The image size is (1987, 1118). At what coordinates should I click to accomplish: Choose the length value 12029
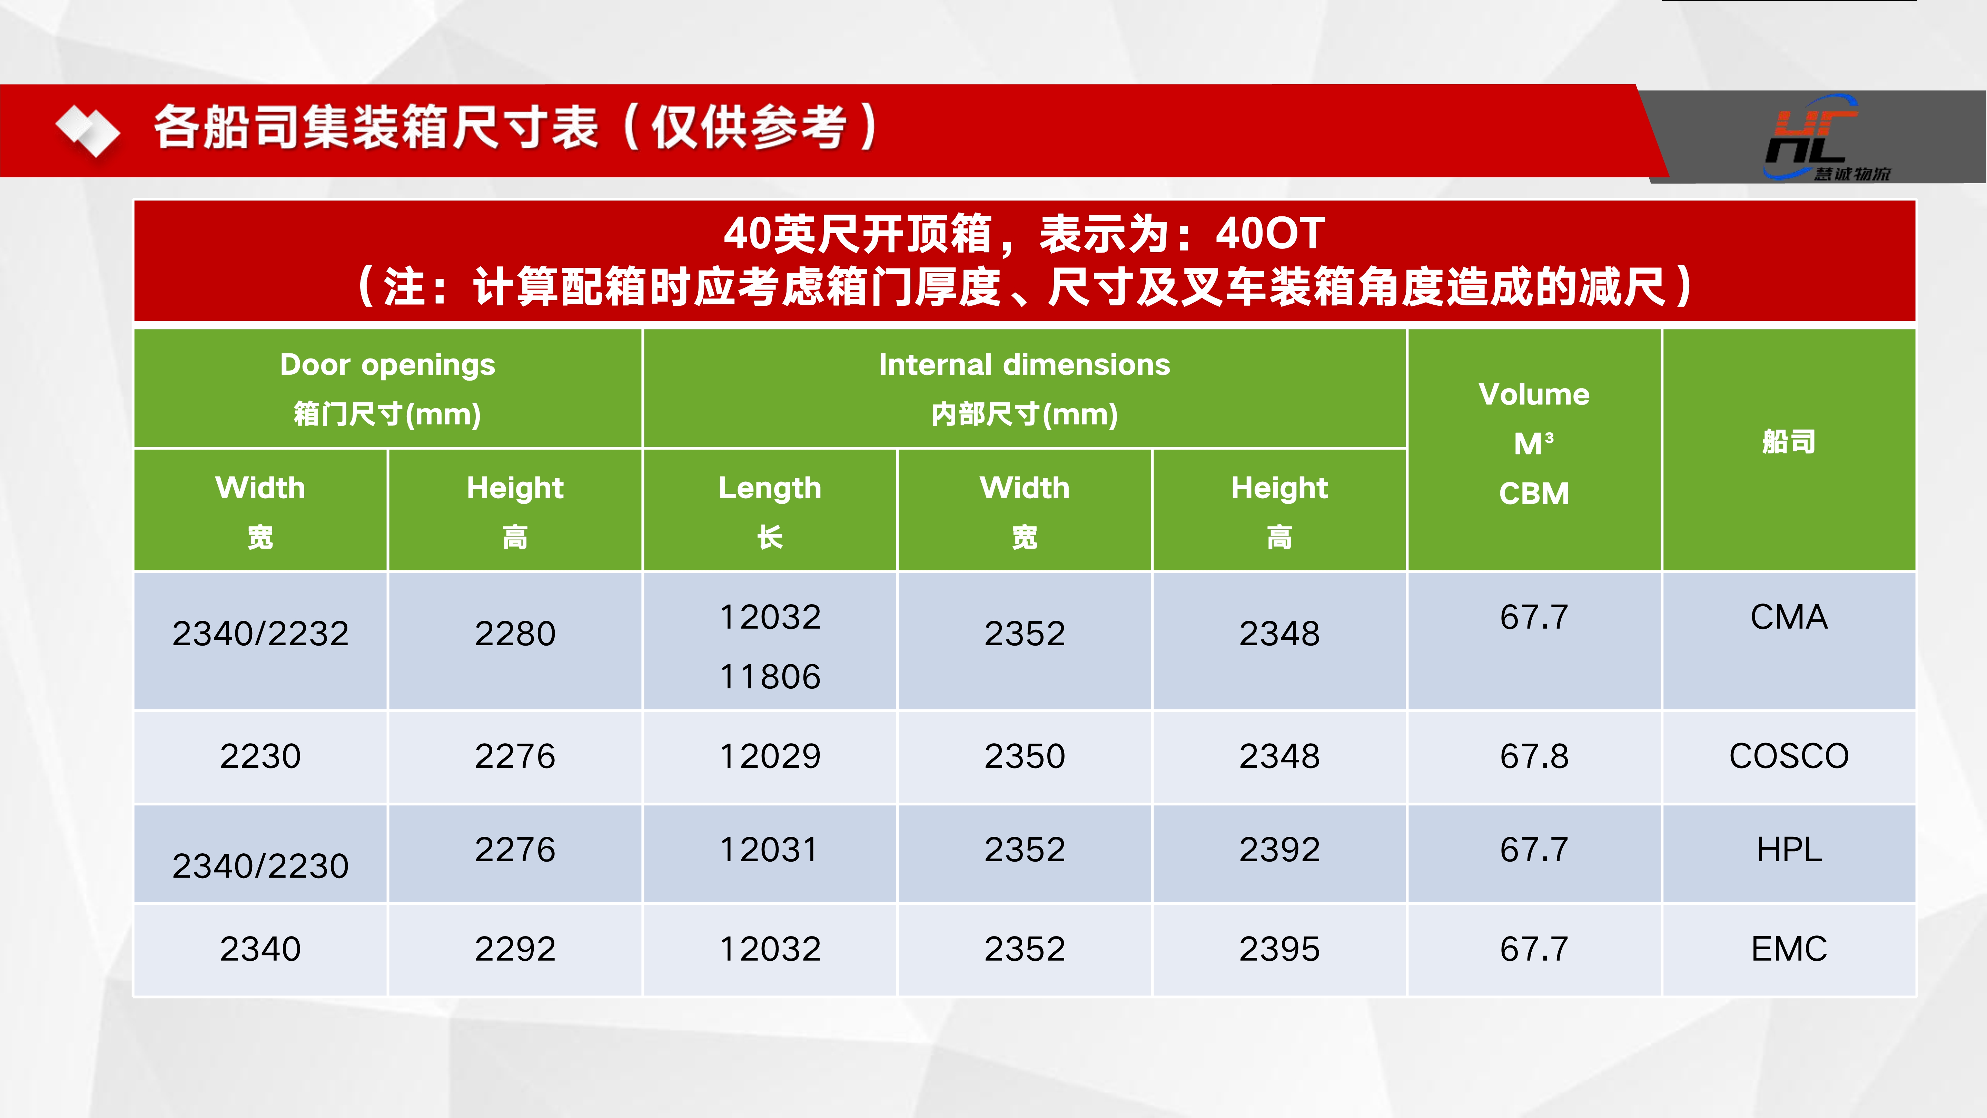tap(770, 756)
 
